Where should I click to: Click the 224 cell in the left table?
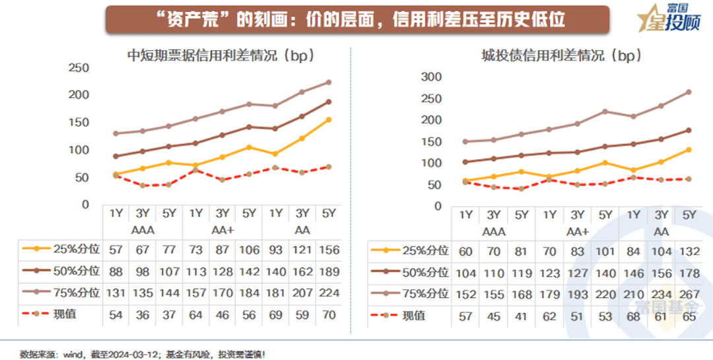coord(328,293)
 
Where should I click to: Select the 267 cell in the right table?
coord(689,294)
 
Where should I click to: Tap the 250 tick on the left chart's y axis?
coord(79,67)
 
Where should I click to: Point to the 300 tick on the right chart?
coord(431,77)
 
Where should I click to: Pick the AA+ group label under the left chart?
coord(222,230)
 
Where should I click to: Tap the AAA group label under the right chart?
coord(494,232)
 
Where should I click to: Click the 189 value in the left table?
coord(328,271)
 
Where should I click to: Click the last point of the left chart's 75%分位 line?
coord(328,83)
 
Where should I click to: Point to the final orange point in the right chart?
coord(689,150)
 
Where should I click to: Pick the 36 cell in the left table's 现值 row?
coord(143,314)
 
